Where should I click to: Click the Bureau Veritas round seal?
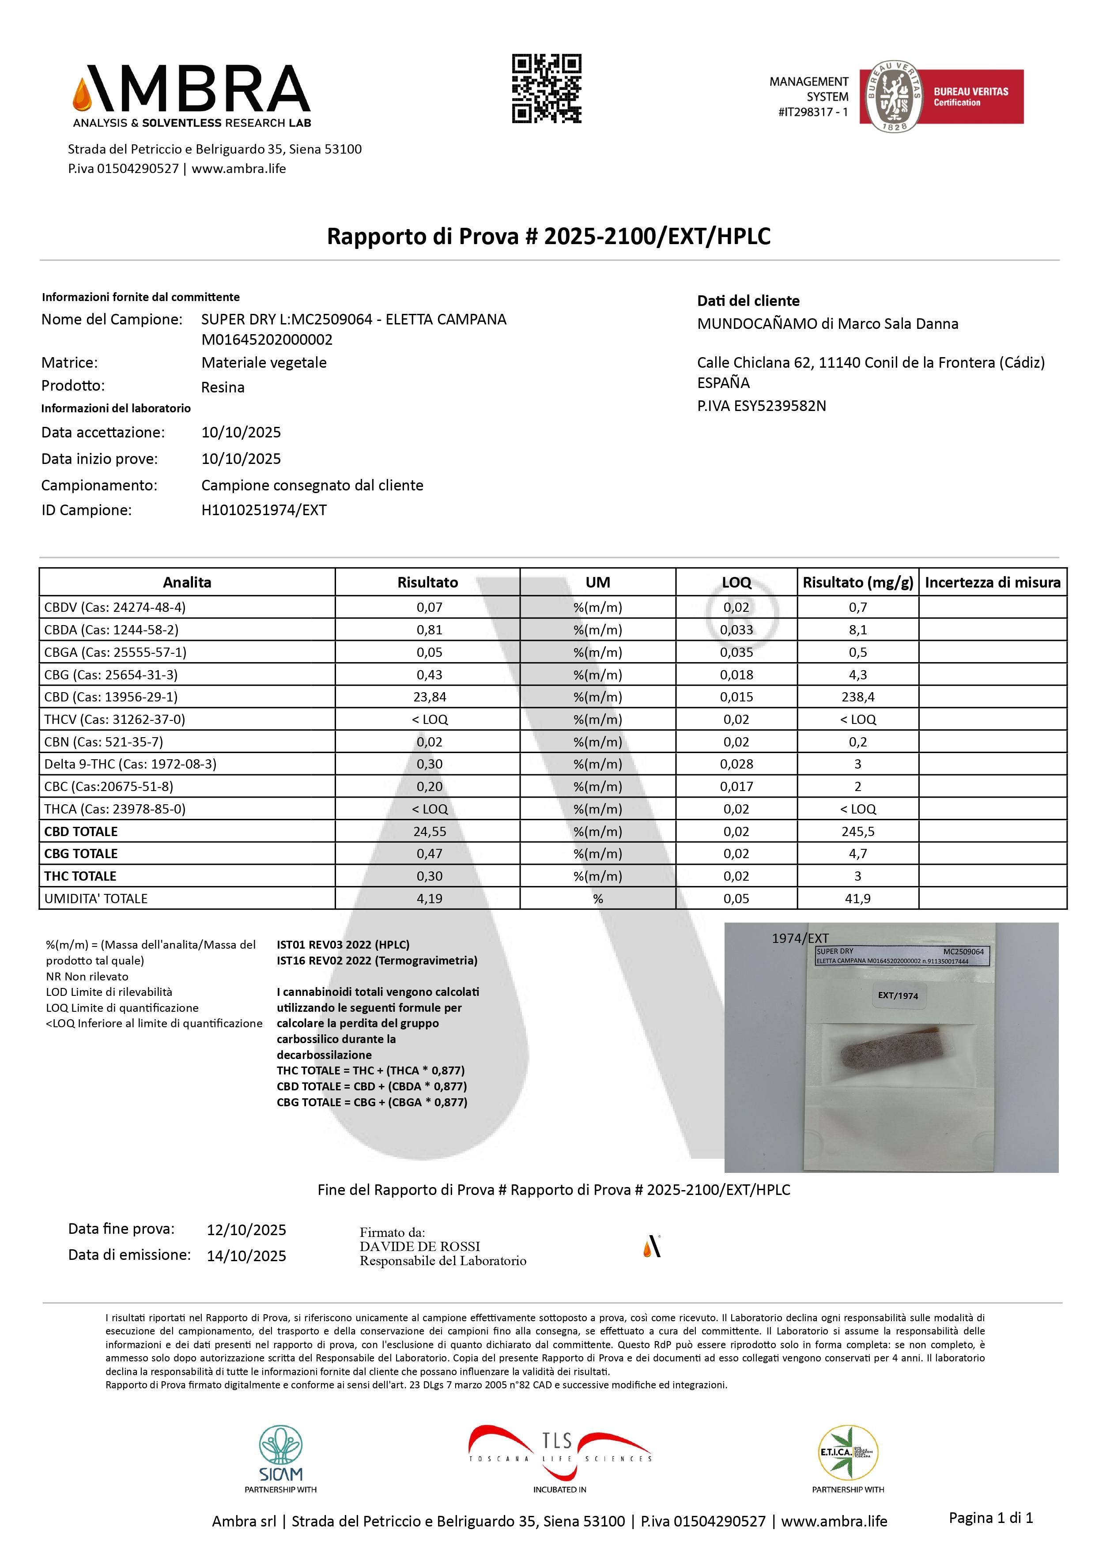[x=894, y=97]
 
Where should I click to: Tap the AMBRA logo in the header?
[x=192, y=94]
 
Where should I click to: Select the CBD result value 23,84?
[x=429, y=697]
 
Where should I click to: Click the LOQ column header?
[x=736, y=582]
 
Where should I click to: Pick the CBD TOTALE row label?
[x=81, y=831]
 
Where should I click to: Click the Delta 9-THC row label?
[x=130, y=764]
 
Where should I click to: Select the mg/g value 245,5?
[x=857, y=831]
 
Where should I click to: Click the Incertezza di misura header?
[x=993, y=582]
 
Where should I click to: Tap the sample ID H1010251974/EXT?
[x=264, y=510]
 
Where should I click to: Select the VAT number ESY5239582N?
[x=761, y=406]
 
